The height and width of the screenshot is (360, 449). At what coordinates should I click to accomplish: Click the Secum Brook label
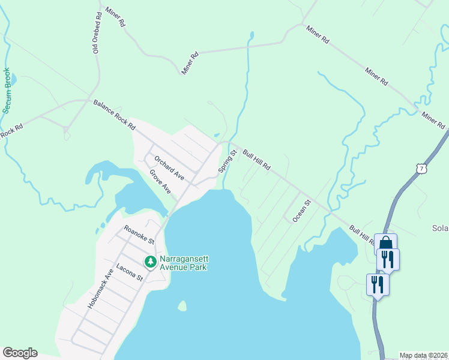coord(7,91)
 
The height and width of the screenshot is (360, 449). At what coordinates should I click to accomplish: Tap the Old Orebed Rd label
coord(97,32)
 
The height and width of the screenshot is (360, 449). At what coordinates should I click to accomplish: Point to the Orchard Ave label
coord(169,168)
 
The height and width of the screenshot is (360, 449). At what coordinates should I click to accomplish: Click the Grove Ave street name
coord(160,181)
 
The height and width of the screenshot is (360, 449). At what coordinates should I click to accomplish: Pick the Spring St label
coord(229,161)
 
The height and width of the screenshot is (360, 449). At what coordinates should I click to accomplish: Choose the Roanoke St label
coord(139,234)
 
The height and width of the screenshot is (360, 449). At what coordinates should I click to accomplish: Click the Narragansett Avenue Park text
coord(184,263)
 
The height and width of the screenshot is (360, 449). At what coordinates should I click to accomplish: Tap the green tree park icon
coord(150,262)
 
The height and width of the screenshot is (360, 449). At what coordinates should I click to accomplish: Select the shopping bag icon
coord(386,243)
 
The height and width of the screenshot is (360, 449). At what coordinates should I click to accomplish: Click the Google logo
coord(20,353)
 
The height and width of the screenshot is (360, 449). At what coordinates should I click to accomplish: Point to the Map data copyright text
coord(423,355)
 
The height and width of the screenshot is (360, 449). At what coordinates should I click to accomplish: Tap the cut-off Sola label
coord(440,229)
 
